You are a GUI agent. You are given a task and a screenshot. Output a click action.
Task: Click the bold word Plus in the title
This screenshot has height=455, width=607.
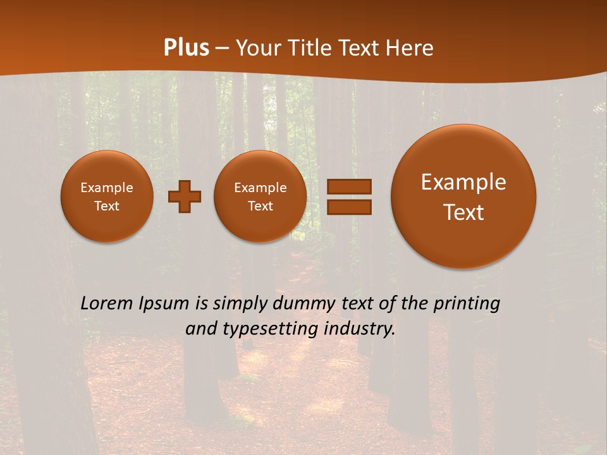tap(186, 48)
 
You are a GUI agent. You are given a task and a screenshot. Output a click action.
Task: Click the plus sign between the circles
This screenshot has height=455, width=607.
tap(185, 197)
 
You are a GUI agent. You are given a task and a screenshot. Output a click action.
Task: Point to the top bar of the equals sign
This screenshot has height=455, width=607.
tap(349, 186)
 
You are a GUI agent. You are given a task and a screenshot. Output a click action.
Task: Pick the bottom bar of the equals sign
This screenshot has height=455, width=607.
tap(349, 207)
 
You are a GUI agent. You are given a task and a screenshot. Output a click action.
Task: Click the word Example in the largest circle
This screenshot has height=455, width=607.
tap(463, 183)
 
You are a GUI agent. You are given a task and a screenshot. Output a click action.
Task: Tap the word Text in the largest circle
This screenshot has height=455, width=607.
tap(463, 212)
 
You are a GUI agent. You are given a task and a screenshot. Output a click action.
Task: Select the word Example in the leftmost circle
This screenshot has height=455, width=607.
tap(107, 188)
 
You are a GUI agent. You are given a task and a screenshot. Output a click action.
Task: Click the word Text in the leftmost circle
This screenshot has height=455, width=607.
tap(107, 206)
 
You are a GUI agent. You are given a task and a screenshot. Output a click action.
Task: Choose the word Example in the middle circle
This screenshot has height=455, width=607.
tap(261, 188)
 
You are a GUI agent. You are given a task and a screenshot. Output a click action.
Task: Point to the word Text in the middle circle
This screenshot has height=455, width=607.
tap(261, 206)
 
